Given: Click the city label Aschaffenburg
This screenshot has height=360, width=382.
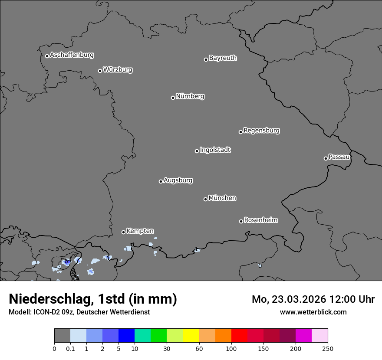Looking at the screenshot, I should coord(72,55).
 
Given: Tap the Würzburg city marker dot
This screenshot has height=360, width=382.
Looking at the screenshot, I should coord(100,71).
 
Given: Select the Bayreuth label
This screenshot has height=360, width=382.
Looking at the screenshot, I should coord(223,58).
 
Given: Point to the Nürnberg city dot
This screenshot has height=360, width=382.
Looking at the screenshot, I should coord(173,98).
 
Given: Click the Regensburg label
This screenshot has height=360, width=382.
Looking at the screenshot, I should coord(261,131).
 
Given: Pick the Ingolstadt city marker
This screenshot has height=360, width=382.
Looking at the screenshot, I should coord(197,151).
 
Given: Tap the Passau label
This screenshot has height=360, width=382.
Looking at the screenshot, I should coord(339,157).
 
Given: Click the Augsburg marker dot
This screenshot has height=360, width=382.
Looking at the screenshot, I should coord(161,181).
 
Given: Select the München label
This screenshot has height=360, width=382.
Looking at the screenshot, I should coord(222,198).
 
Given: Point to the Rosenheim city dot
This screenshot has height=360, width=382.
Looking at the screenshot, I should coord(241,222).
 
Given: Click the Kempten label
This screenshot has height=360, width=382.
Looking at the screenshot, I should coord(140,231).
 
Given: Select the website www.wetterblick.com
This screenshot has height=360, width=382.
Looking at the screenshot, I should coord(313,312).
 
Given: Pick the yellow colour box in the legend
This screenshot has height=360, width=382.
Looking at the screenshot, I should coord(191,336).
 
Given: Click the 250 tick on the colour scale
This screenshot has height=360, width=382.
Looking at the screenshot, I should coord(328,348).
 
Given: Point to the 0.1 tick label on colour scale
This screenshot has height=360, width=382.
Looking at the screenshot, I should coord(70,348).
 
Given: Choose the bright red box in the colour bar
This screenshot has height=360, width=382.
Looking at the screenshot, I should coord(239,336).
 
